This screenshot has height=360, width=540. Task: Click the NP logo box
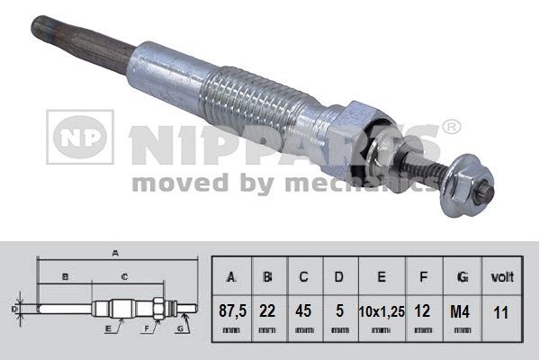coord(80,137)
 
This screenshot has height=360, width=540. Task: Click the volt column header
coord(499,275)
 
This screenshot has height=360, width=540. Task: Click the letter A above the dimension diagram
coord(115,254)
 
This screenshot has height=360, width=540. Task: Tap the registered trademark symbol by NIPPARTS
coord(453,127)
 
